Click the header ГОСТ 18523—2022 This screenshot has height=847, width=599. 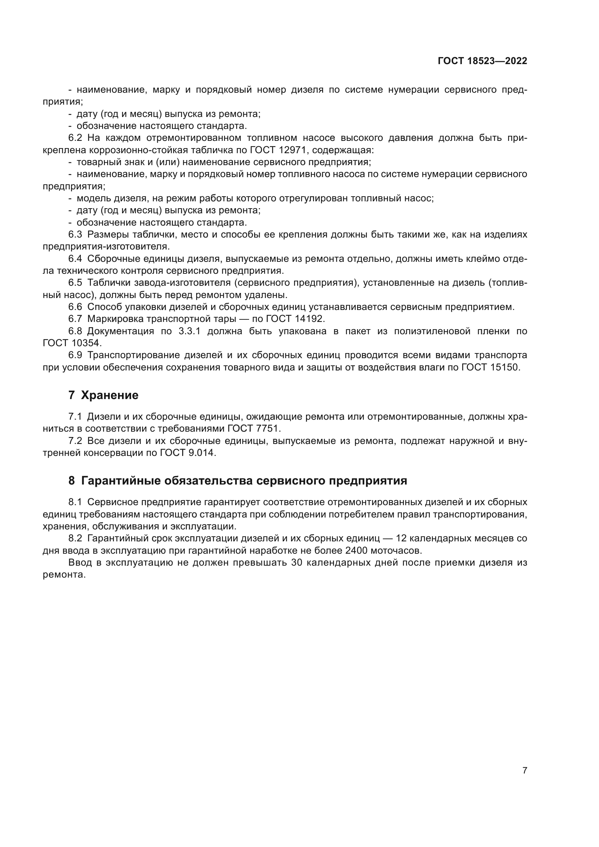482,61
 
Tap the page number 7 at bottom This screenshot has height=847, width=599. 524,770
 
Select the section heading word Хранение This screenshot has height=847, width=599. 109,395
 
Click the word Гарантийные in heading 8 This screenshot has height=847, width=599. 120,481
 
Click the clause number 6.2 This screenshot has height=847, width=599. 75,138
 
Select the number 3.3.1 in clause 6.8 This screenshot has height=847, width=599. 189,331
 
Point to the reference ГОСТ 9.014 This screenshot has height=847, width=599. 187,453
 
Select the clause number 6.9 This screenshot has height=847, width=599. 75,355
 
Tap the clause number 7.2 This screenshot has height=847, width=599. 75,441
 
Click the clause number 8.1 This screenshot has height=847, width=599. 75,502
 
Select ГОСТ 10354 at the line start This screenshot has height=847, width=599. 72,343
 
